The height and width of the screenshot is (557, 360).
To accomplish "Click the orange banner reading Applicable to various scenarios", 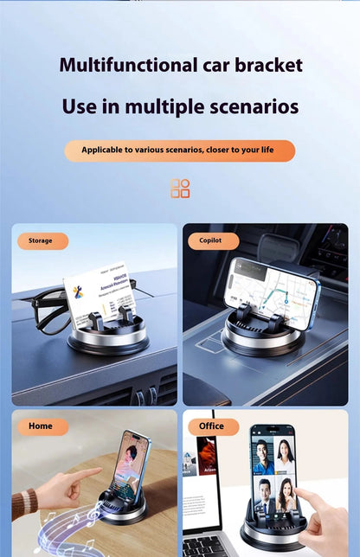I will pyautogui.click(x=179, y=150).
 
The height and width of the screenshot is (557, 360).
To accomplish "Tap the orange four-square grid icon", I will pyautogui.click(x=180, y=189).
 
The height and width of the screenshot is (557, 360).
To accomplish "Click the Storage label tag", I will pyautogui.click(x=42, y=241).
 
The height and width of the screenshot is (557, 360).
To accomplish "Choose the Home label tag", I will pyautogui.click(x=42, y=426).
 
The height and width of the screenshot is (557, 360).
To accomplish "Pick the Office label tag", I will pyautogui.click(x=212, y=426).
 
